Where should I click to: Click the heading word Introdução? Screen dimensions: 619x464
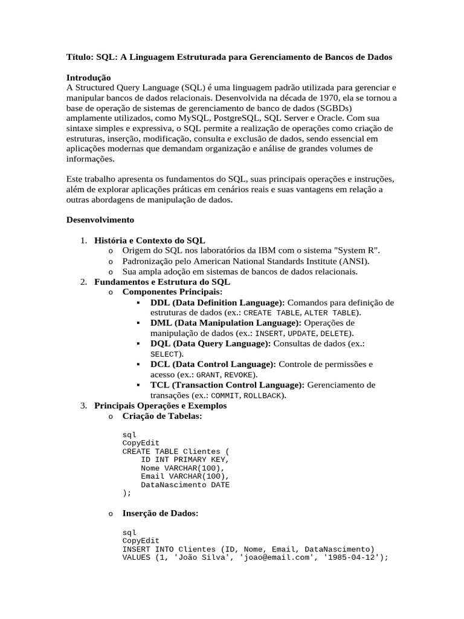pyautogui.click(x=88, y=78)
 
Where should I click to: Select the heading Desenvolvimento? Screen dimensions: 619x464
pyautogui.click(x=100, y=219)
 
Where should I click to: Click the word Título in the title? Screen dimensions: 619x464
pyautogui.click(x=79, y=57)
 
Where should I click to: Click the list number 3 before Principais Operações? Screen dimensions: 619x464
pyautogui.click(x=84, y=406)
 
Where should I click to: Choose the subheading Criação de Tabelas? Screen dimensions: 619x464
pyautogui.click(x=162, y=416)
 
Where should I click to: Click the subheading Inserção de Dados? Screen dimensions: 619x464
pyautogui.click(x=160, y=513)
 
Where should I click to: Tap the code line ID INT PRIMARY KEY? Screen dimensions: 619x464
pyautogui.click(x=185, y=459)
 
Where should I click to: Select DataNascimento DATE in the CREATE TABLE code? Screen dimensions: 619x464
pyautogui.click(x=185, y=485)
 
